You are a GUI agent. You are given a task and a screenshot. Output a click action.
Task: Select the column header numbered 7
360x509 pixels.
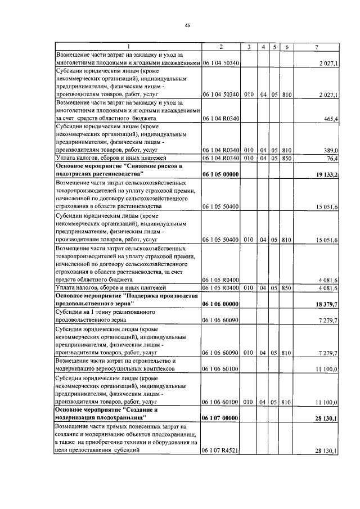[x=319, y=46]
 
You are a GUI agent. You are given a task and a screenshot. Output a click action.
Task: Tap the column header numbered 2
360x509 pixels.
[x=220, y=46]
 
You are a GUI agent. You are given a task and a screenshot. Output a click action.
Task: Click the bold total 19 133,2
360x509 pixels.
[x=325, y=175]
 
